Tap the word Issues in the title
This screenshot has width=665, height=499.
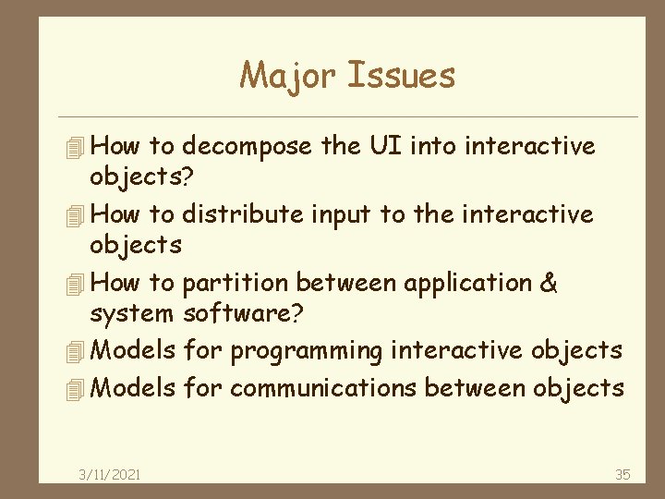pyautogui.click(x=402, y=75)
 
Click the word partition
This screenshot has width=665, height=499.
pyautogui.click(x=236, y=283)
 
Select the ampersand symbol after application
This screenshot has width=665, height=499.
pyautogui.click(x=548, y=283)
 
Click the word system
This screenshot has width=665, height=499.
pyautogui.click(x=131, y=315)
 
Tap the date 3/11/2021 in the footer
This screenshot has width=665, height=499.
pyautogui.click(x=110, y=474)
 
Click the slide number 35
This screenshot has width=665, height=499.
pyautogui.click(x=623, y=474)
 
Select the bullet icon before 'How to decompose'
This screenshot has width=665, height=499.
pyautogui.click(x=78, y=147)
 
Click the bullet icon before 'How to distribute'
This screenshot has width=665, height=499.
pyautogui.click(x=78, y=215)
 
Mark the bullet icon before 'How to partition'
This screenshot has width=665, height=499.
pyautogui.click(x=78, y=284)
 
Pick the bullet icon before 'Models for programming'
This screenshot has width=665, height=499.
pyautogui.click(x=78, y=352)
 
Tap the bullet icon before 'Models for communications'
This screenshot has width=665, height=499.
pyautogui.click(x=78, y=388)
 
